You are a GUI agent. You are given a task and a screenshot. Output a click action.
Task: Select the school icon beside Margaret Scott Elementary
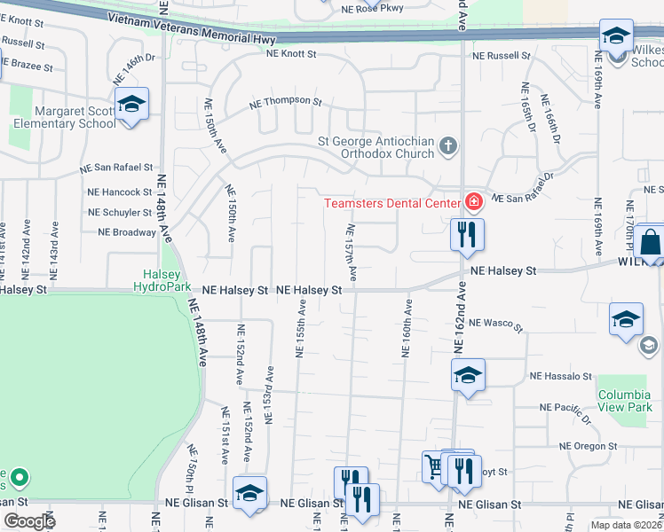131,106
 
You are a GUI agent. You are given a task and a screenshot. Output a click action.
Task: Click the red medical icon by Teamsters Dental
474,203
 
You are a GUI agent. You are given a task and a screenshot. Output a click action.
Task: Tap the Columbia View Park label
624,401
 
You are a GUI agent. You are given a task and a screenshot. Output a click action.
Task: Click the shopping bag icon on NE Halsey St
651,242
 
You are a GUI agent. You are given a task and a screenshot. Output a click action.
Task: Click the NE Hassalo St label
560,377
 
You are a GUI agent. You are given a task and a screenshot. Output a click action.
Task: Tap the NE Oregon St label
588,446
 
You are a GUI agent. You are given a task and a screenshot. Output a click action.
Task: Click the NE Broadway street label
127,232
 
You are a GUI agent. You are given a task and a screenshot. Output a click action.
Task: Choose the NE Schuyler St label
120,213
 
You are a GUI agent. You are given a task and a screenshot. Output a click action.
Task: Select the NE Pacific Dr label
565,410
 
